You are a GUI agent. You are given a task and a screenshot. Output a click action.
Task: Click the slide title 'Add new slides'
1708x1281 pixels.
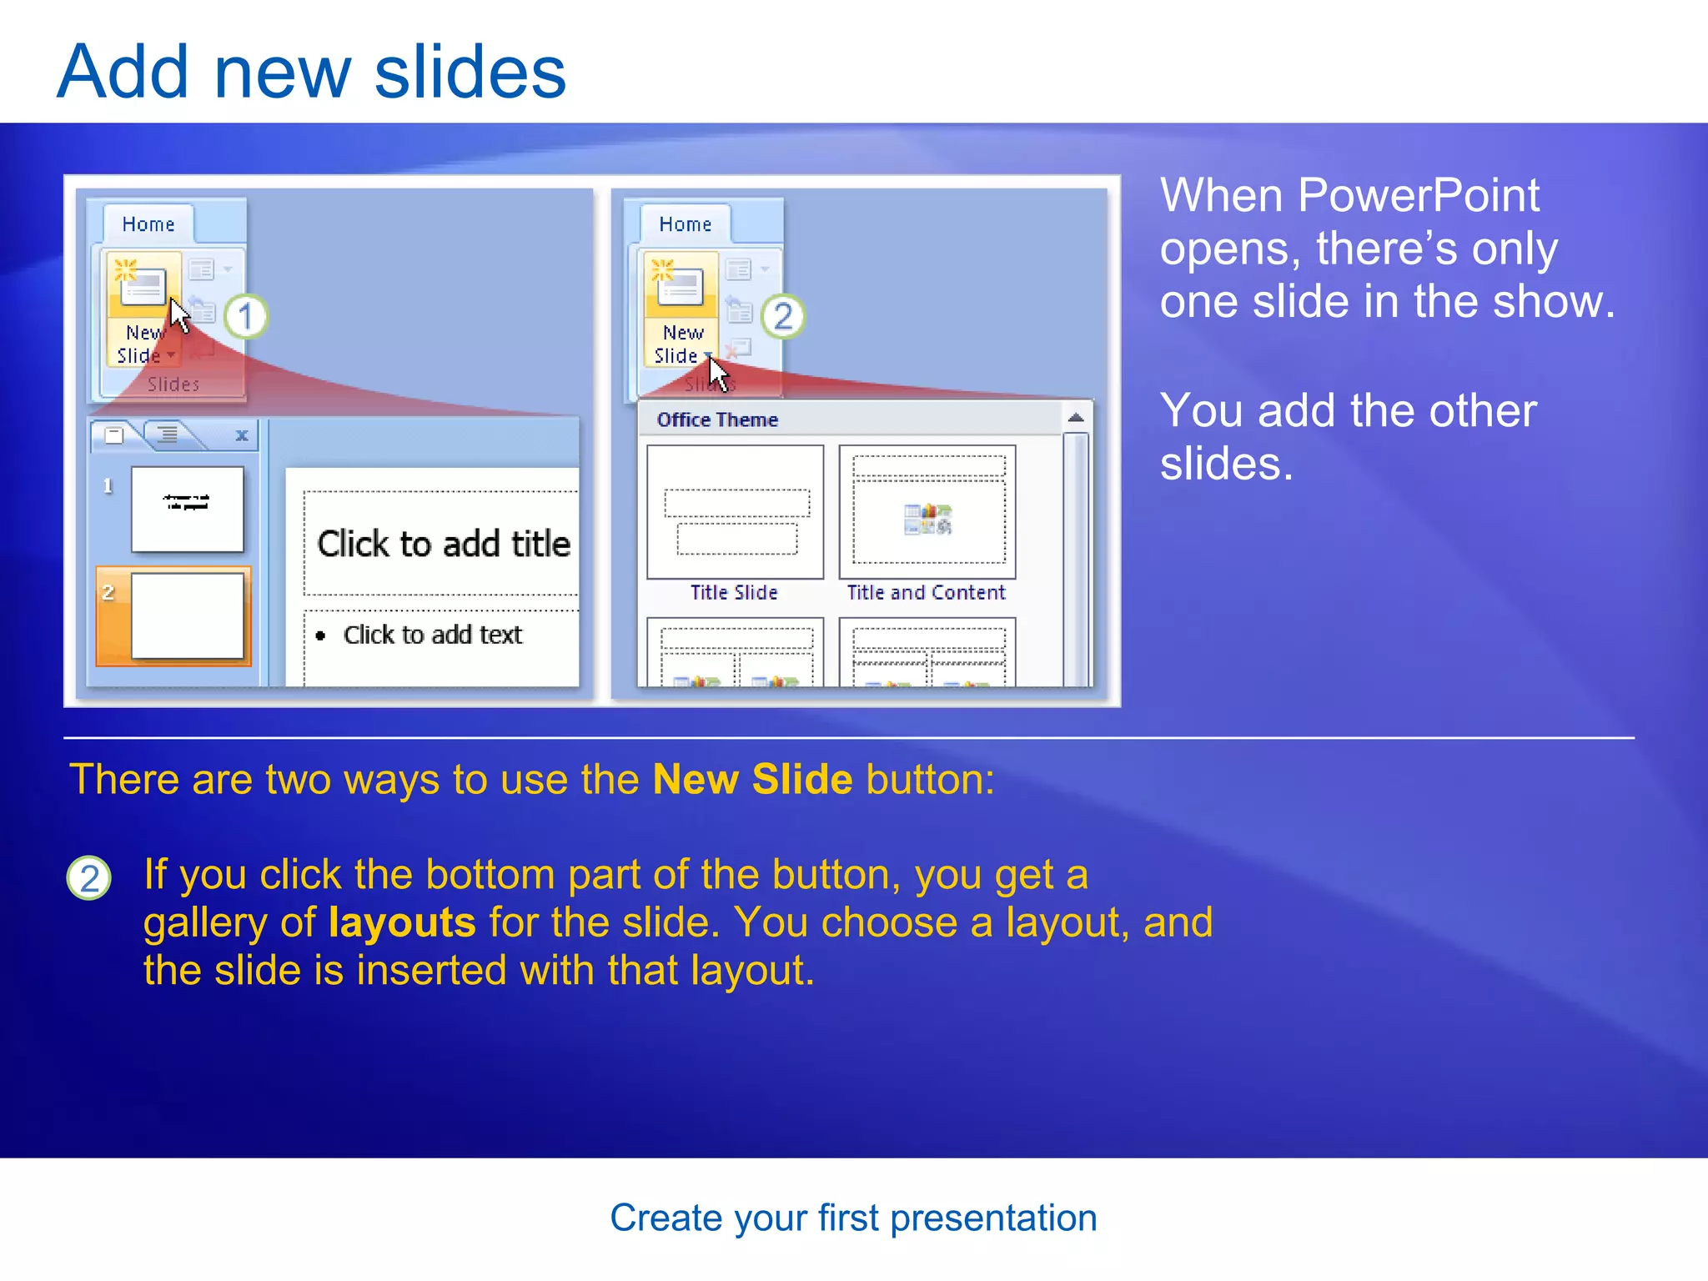pyautogui.click(x=311, y=73)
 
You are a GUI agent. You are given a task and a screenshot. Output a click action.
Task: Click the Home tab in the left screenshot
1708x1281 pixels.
pyautogui.click(x=148, y=224)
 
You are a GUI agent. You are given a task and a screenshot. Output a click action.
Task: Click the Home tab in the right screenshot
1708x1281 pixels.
pyautogui.click(x=686, y=224)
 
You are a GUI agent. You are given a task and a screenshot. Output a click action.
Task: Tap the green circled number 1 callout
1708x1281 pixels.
pyautogui.click(x=245, y=317)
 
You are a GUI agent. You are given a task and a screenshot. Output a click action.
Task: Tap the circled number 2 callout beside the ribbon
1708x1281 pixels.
pyautogui.click(x=782, y=317)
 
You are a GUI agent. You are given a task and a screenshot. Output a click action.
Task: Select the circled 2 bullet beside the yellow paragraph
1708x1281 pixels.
pyautogui.click(x=89, y=878)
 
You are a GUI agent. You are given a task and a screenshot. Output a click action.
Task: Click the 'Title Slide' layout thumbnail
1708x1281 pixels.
pyautogui.click(x=735, y=512)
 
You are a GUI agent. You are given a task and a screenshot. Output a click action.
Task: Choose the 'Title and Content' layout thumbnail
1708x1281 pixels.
pyautogui.click(x=927, y=512)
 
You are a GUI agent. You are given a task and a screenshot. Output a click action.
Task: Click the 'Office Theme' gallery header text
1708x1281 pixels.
pyautogui.click(x=717, y=419)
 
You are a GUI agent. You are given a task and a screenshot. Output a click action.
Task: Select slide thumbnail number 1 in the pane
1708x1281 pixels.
pyautogui.click(x=188, y=509)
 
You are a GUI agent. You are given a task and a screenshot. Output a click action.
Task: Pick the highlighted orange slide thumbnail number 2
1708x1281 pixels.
pyautogui.click(x=188, y=615)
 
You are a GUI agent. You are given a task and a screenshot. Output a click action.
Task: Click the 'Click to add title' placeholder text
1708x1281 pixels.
pyautogui.click(x=444, y=544)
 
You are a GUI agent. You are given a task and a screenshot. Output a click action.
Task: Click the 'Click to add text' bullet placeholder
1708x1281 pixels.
pyautogui.click(x=432, y=635)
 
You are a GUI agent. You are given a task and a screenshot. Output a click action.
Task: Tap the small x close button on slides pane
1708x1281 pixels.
pyautogui.click(x=242, y=435)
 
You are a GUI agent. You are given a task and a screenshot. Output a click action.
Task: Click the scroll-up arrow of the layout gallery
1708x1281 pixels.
pyautogui.click(x=1076, y=418)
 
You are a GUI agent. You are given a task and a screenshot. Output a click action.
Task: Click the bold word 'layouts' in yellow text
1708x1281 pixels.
pyautogui.click(x=402, y=922)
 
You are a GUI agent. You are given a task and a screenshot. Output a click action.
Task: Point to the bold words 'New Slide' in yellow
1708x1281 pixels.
pyautogui.click(x=752, y=780)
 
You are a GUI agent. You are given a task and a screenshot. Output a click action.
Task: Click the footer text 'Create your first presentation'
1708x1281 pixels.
pyautogui.click(x=853, y=1218)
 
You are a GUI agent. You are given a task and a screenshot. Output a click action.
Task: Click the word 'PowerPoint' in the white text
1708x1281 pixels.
pyautogui.click(x=1418, y=196)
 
